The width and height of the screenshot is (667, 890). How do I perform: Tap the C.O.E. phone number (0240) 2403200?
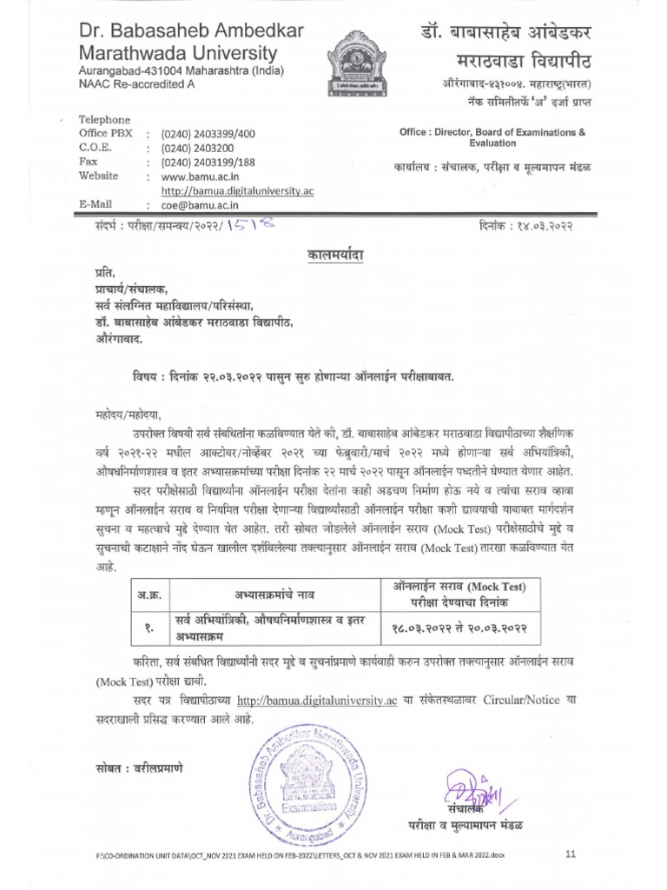[201, 148]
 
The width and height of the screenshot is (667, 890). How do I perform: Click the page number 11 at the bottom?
[570, 855]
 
